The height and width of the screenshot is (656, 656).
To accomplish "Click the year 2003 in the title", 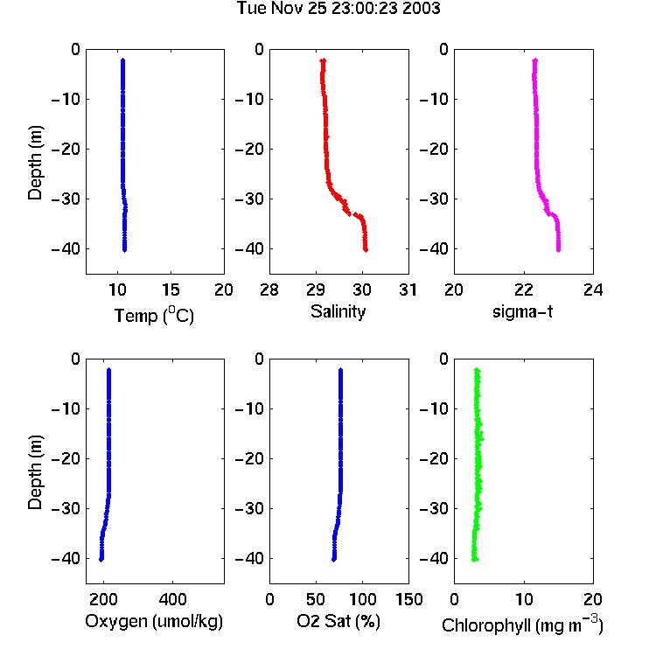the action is click(x=422, y=8).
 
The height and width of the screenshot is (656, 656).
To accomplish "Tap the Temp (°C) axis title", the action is click(x=154, y=315).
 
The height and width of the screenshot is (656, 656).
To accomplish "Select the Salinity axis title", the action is click(x=338, y=311).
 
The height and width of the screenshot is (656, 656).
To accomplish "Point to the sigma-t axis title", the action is click(x=522, y=311).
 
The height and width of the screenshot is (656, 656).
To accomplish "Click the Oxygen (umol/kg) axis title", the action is click(x=154, y=622).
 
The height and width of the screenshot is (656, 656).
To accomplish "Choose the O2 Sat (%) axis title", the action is click(x=338, y=622).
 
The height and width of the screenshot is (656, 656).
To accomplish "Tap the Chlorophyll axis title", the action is click(x=522, y=625).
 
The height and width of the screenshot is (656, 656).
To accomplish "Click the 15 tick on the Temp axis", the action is click(x=171, y=290).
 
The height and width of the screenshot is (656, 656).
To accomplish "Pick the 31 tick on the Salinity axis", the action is click(x=408, y=290).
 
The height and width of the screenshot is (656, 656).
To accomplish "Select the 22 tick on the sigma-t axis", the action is click(x=524, y=290).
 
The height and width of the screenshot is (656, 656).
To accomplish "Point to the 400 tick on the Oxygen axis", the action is click(x=173, y=599).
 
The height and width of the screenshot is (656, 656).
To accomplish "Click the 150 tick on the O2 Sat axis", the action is click(x=409, y=599).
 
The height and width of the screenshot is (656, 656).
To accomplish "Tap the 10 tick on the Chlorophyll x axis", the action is click(x=524, y=599).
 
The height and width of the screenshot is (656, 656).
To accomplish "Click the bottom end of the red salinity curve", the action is click(x=366, y=250).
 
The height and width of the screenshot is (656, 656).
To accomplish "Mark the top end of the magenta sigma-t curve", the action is click(x=534, y=60).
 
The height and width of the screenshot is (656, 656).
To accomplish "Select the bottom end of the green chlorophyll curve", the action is click(x=474, y=560).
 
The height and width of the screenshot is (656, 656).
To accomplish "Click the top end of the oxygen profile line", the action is click(x=108, y=369).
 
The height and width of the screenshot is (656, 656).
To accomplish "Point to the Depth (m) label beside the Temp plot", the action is click(x=35, y=163).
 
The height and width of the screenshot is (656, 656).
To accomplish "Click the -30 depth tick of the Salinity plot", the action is click(x=249, y=199).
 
